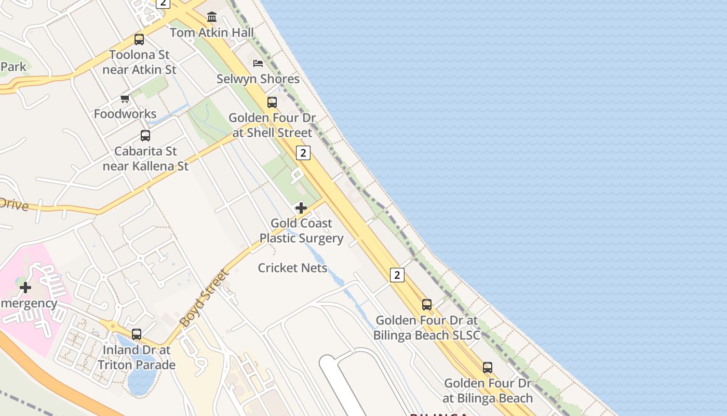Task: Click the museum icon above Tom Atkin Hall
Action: point(212,17)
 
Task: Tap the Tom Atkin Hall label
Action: point(212,33)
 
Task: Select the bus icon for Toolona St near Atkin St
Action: point(139,39)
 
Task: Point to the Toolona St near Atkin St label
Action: point(139,62)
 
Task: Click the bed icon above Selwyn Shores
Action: point(258,63)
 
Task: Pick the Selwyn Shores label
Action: point(258,79)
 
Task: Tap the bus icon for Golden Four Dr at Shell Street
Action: point(272,102)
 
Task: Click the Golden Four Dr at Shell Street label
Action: point(272,125)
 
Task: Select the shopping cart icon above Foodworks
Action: point(125,98)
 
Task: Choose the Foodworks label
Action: point(125,114)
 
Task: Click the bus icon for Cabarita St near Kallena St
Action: point(145,136)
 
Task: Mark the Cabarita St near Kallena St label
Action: point(145,159)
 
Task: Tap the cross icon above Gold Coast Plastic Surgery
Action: point(301,208)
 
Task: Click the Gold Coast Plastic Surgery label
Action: point(301,231)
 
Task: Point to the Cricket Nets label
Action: point(292,268)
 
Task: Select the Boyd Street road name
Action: point(204,298)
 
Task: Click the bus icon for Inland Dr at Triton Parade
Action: point(137,334)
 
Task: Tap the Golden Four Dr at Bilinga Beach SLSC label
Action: point(426,328)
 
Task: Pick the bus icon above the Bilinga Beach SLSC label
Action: point(427,305)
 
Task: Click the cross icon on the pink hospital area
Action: point(25,287)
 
